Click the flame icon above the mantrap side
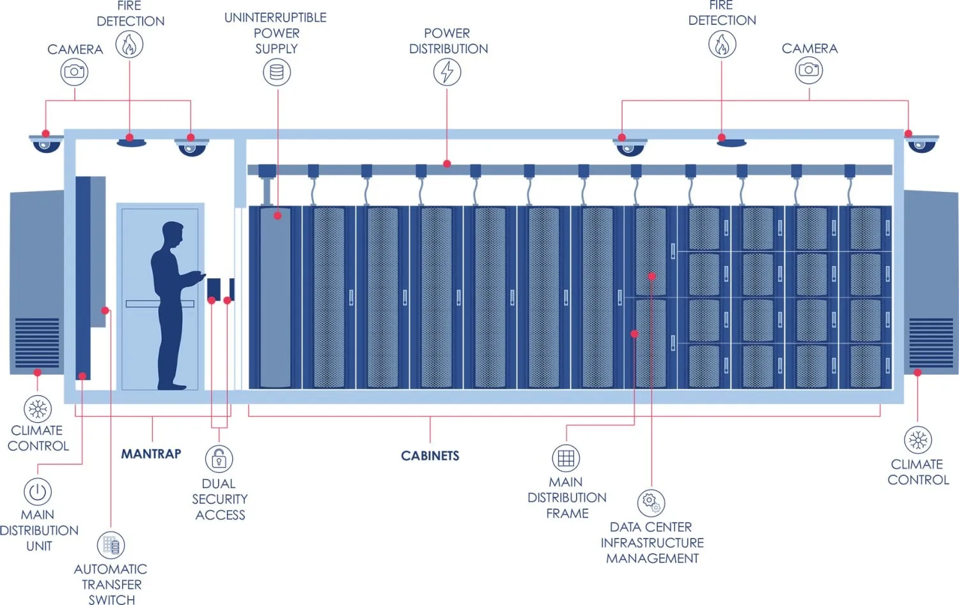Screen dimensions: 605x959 (129, 45)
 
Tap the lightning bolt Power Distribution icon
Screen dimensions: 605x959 (447, 72)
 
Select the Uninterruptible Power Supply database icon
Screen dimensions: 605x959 (277, 72)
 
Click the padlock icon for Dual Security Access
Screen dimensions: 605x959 (219, 459)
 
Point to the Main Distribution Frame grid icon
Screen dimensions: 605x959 (566, 458)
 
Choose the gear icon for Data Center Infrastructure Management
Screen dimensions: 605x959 (651, 503)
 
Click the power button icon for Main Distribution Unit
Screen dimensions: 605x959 (38, 492)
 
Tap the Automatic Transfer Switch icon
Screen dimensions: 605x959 (111, 546)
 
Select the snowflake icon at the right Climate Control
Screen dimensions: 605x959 (918, 440)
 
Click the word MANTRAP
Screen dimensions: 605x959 (152, 454)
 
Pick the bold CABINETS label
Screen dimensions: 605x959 (430, 456)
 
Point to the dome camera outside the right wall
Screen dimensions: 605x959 (921, 144)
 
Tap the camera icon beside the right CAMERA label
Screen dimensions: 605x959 (809, 70)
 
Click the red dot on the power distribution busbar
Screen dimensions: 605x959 (447, 164)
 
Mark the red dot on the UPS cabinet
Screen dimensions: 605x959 (277, 216)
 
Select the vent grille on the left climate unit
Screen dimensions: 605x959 (37, 342)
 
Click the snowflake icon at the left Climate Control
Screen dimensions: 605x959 (38, 409)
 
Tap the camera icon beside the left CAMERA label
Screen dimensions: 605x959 (75, 72)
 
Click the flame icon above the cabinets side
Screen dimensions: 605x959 (722, 45)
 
